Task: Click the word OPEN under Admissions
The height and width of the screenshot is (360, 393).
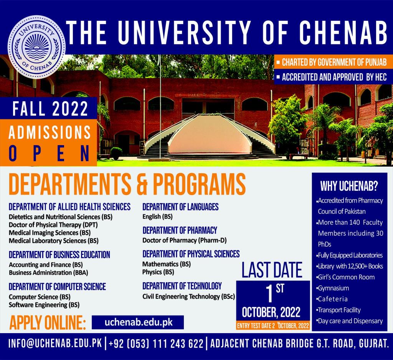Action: [x=50, y=154]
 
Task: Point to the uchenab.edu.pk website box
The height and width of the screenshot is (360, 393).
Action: [x=138, y=322]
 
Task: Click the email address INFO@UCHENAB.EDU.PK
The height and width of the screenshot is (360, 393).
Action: [x=55, y=343]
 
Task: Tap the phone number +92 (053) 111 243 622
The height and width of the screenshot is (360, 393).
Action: [x=156, y=343]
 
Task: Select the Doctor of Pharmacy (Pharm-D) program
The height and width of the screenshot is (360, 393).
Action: [x=185, y=240]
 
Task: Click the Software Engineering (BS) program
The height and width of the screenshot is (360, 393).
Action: [x=44, y=305]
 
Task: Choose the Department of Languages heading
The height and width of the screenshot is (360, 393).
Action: [x=180, y=207]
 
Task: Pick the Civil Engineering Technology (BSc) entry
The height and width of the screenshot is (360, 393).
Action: [x=189, y=296]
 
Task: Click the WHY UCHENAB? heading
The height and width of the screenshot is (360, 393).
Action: [x=349, y=186]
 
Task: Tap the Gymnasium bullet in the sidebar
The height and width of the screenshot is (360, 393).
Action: [x=333, y=288]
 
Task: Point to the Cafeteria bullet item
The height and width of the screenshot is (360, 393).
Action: [x=332, y=299]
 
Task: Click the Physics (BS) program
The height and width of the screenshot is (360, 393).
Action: [x=158, y=272]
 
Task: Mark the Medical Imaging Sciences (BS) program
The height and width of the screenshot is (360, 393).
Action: [x=50, y=233]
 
